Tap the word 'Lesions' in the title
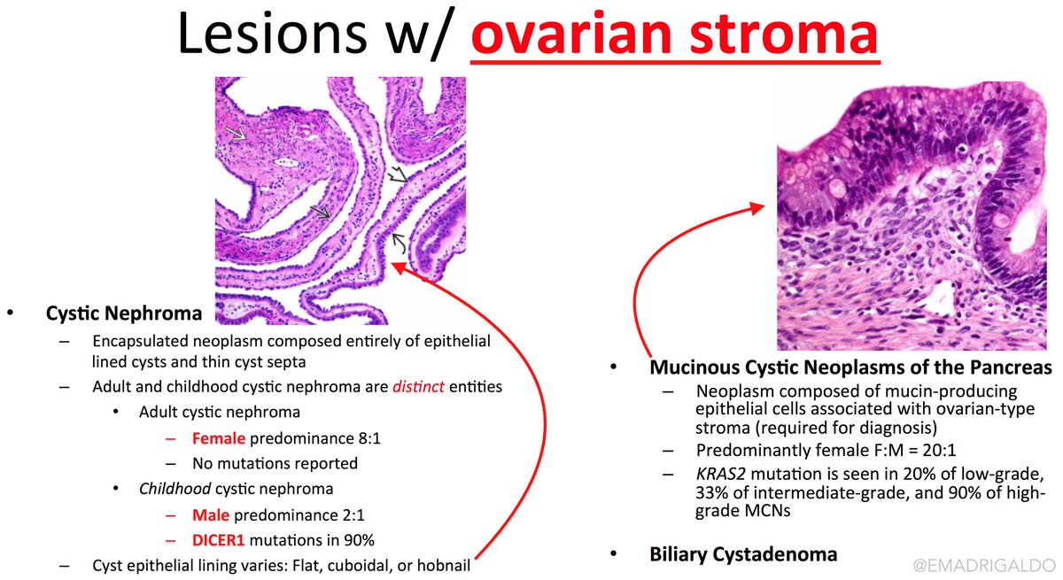pos(272,33)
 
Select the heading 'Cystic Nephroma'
pos(124,313)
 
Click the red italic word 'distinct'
pos(418,386)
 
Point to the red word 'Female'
pos(219,438)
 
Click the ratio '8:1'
pos(369,438)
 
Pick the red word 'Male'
pos(211,515)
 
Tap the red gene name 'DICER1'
pos(218,540)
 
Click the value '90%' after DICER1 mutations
pos(359,540)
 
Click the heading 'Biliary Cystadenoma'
pos(743,554)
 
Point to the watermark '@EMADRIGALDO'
pos(984,565)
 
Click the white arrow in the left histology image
pos(236,133)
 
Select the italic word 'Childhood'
pos(175,489)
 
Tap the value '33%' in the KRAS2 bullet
pos(712,492)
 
